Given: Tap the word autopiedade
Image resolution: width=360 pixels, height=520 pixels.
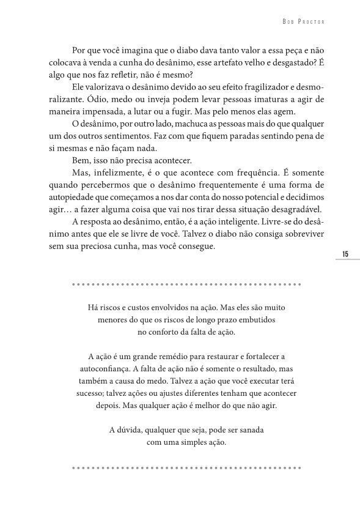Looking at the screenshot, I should coord(72,199).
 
